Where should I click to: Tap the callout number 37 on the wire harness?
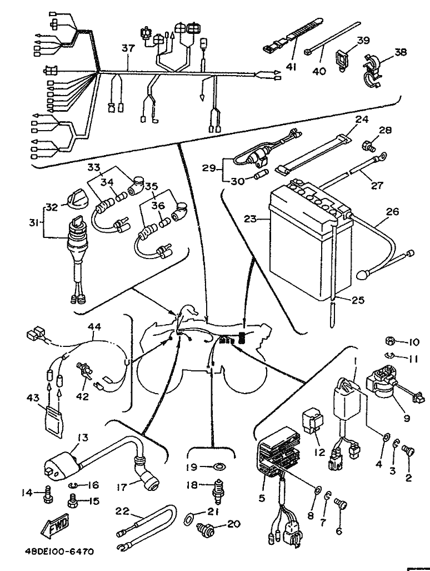click(128, 49)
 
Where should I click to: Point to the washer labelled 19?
click(220, 466)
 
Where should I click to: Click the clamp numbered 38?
click(373, 71)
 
